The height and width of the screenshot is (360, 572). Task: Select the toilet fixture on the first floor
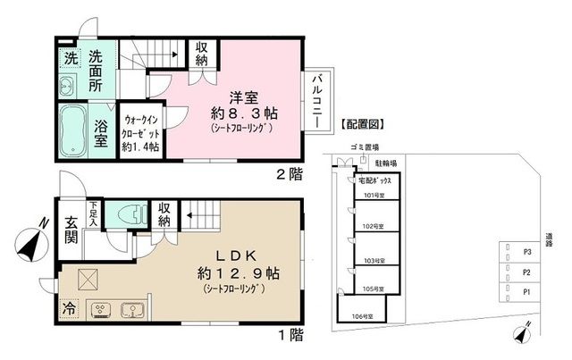click(x=129, y=213)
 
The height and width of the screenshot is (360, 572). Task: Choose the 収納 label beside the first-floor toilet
click(x=164, y=213)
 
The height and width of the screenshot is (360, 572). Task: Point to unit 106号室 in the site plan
click(x=361, y=315)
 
